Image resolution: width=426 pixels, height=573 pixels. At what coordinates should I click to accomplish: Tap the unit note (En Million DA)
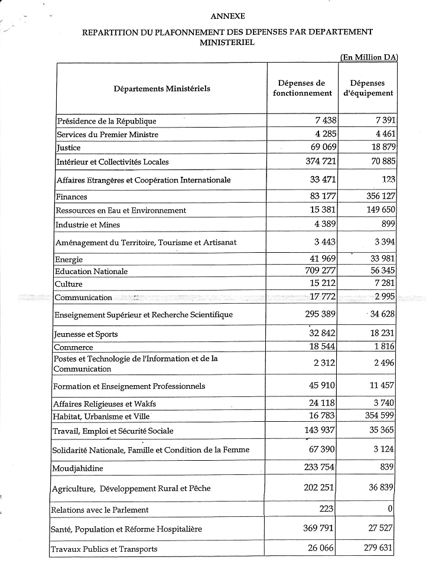369,57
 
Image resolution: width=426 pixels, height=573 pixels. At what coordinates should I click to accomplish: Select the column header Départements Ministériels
162,89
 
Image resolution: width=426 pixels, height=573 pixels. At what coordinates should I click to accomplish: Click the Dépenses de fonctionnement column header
303,88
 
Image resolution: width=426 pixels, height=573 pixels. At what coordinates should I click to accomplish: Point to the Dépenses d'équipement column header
368,88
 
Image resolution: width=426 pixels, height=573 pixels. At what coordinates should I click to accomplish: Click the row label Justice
69,148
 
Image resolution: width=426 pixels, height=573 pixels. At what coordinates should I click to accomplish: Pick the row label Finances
71,197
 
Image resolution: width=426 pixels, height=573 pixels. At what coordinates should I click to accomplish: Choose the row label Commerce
73,347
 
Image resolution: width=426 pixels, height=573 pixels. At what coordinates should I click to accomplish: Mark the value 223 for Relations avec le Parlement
326,509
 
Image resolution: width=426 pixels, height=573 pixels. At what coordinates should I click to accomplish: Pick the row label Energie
69,259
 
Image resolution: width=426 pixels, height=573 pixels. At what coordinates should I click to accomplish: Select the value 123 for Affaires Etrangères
388,179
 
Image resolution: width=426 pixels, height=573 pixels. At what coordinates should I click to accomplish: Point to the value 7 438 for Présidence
326,121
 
